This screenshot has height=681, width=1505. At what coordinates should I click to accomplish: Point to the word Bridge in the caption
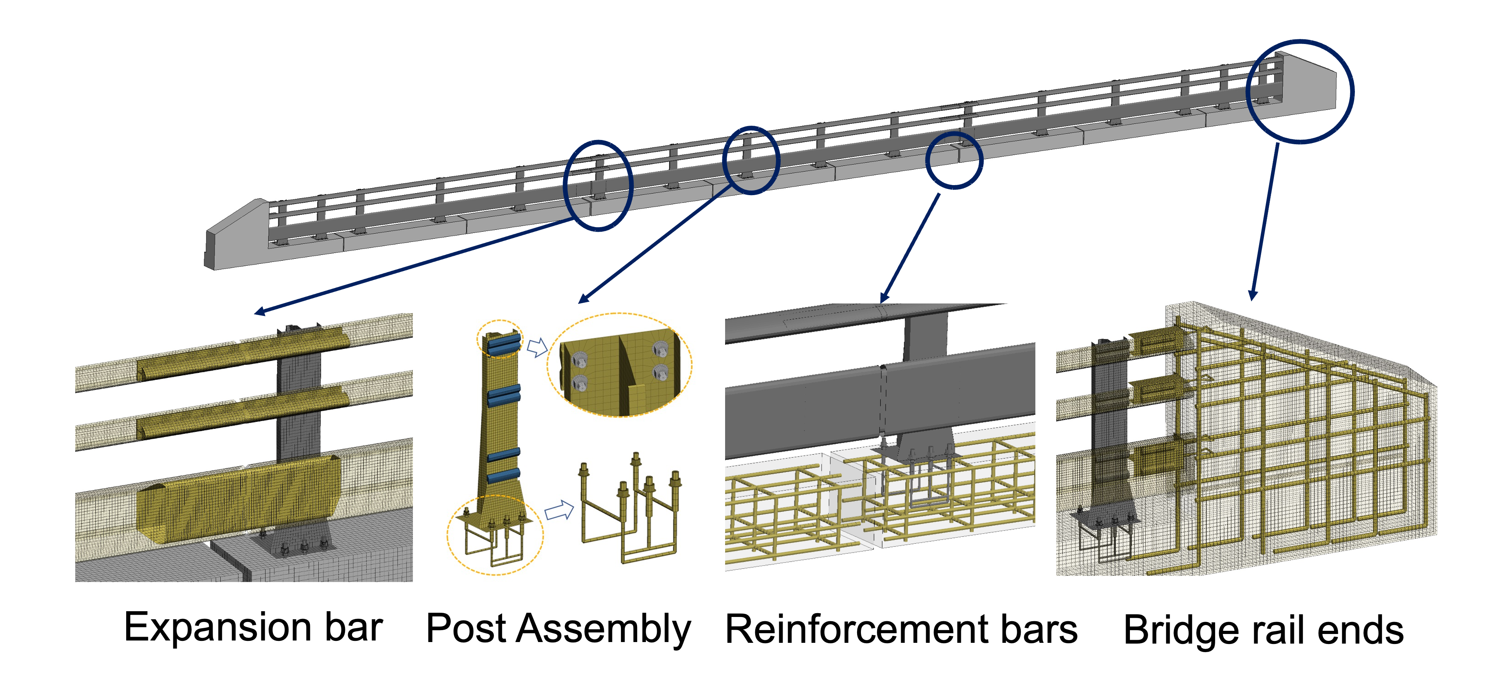[1180, 631]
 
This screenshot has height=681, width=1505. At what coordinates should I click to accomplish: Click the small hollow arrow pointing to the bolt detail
[536, 347]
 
